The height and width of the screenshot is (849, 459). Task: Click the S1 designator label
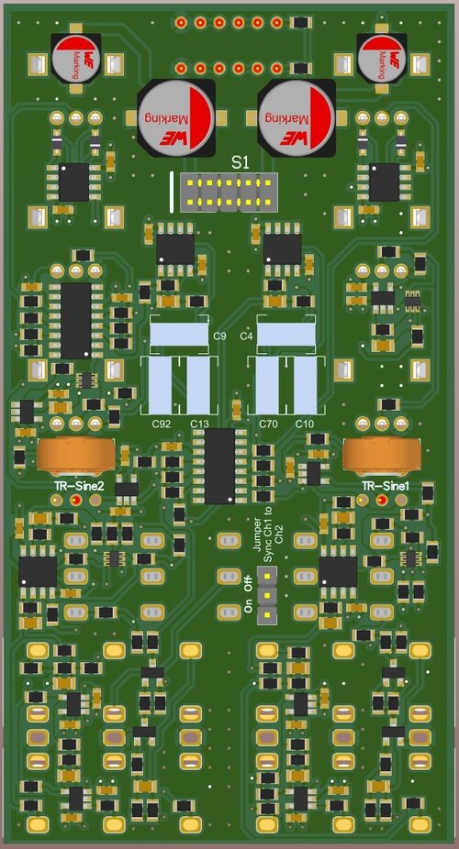point(240,161)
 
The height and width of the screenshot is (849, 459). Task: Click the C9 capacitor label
point(219,337)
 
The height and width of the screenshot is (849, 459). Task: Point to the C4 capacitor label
point(246,337)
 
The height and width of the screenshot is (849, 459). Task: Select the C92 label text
point(162,423)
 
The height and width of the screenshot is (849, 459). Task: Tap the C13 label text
point(200,423)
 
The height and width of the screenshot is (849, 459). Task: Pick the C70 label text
point(268,423)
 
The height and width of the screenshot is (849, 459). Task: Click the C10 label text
point(305,423)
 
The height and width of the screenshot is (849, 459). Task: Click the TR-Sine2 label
point(78,485)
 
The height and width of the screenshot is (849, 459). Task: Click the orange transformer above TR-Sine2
point(76,454)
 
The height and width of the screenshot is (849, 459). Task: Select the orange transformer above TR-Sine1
point(381,454)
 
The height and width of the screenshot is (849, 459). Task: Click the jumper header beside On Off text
point(267,592)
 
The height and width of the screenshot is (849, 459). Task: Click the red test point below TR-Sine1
point(382,501)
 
